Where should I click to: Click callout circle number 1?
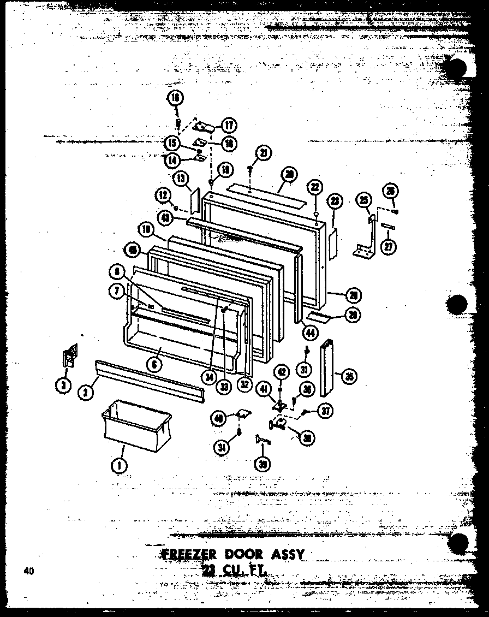[118, 465]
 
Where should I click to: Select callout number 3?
[64, 385]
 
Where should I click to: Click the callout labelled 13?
[181, 179]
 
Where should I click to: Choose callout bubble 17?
[228, 125]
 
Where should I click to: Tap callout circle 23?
[335, 201]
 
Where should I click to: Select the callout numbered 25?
[362, 200]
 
